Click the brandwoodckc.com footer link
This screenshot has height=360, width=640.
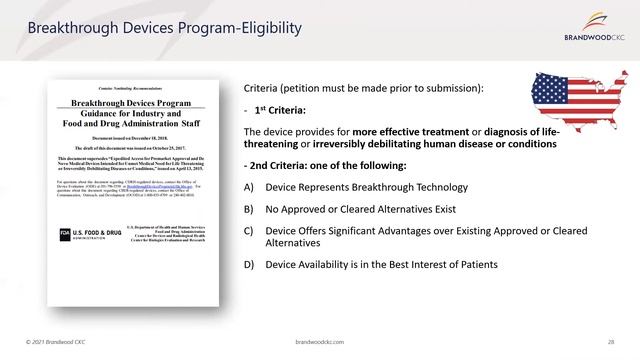320,342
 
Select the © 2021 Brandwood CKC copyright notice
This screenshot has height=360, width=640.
58,342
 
